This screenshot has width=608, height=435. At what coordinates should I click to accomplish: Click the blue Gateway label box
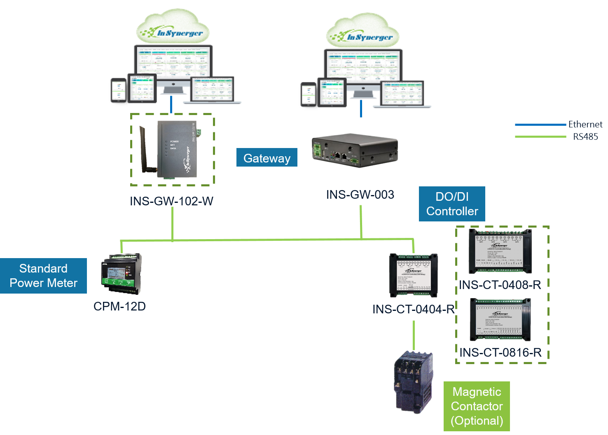click(267, 158)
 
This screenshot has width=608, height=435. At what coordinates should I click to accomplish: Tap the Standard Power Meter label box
click(43, 276)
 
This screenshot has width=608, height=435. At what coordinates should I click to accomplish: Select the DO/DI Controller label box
click(452, 204)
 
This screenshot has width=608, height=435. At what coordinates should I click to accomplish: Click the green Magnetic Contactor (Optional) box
click(477, 406)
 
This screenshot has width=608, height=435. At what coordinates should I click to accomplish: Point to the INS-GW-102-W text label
click(171, 201)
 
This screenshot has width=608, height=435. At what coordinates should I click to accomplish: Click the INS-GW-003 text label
click(360, 195)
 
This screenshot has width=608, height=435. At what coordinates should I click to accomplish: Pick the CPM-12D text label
click(119, 306)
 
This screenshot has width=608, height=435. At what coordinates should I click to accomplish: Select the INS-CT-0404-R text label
click(413, 309)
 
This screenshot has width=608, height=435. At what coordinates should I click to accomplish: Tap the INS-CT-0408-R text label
click(500, 285)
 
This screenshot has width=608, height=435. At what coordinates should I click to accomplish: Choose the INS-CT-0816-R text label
click(500, 353)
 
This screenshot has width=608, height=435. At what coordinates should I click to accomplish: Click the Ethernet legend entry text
click(585, 124)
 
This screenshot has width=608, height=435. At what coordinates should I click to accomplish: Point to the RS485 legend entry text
click(585, 136)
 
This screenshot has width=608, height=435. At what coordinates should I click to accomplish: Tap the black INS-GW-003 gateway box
click(355, 150)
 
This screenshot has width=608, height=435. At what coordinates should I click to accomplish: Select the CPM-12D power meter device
click(122, 274)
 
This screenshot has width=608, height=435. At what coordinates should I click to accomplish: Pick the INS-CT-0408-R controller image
click(500, 251)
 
